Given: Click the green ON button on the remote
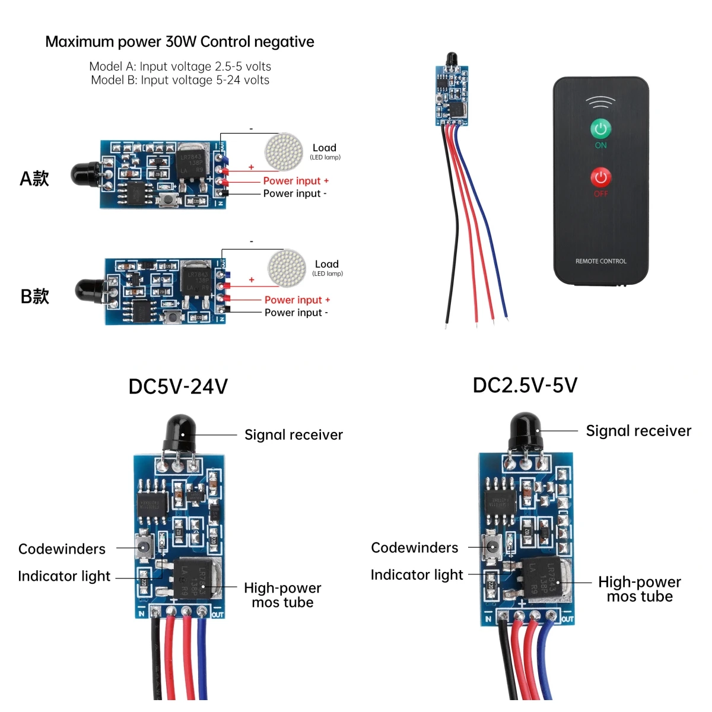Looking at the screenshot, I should click(x=600, y=128).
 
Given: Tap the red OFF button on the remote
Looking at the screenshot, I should click(x=600, y=177).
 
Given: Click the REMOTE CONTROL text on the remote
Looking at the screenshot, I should click(x=600, y=261).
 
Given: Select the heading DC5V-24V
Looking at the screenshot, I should click(x=178, y=387).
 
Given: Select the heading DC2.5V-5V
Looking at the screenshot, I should click(x=525, y=386).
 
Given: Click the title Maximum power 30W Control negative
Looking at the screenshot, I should click(x=179, y=42).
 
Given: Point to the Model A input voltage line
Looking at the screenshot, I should click(x=180, y=66).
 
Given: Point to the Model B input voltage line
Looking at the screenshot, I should click(x=180, y=80).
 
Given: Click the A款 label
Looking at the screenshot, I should click(x=34, y=179).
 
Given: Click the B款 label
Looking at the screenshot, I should click(x=34, y=297).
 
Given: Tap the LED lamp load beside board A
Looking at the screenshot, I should click(x=284, y=151).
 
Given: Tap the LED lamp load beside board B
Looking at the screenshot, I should click(x=287, y=267).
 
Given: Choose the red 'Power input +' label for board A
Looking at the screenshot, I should click(x=295, y=181).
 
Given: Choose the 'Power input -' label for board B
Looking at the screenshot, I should click(x=295, y=313).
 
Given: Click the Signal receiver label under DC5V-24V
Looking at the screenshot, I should click(x=293, y=435).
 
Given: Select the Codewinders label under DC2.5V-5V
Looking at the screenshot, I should click(x=414, y=548).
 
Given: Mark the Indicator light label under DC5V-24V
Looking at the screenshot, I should click(x=64, y=576).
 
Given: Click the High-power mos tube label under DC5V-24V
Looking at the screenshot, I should click(x=282, y=595).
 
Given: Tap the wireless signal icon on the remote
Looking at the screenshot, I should click(x=600, y=102).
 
